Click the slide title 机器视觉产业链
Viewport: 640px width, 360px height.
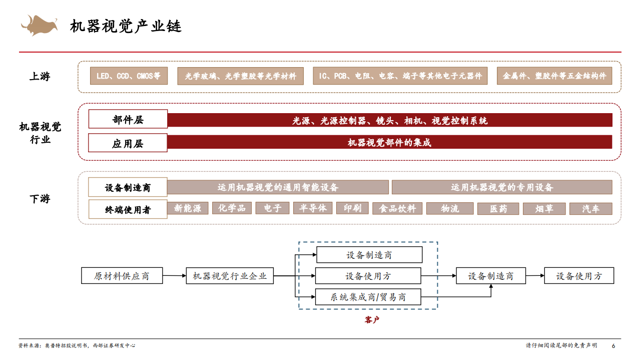[126, 26]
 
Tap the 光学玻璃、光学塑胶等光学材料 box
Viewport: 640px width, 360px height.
[240, 76]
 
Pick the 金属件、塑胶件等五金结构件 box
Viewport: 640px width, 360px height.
[554, 76]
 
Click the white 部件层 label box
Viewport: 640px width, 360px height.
[128, 120]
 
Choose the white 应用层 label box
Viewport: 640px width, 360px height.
[128, 143]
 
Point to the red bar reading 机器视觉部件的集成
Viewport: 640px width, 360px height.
[389, 142]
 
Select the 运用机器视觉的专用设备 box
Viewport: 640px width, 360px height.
[502, 187]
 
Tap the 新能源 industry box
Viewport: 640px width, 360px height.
[188, 208]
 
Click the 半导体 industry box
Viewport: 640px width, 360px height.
[313, 208]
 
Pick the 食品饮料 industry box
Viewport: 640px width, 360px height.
[397, 208]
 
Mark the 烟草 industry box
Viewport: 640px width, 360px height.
[544, 208]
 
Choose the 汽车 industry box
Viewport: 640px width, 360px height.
[590, 208]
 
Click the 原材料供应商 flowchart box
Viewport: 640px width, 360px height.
[122, 276]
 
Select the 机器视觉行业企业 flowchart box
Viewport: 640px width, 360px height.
[230, 276]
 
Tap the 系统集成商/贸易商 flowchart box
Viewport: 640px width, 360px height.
[368, 297]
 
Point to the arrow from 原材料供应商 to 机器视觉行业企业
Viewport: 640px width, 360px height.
[174, 276]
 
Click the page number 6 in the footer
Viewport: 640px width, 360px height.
[613, 345]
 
